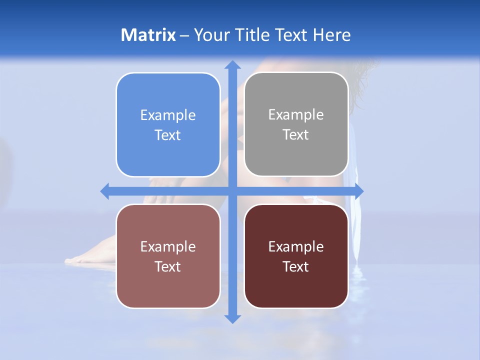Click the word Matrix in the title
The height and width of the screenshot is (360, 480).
coord(148,35)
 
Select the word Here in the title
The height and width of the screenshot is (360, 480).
coord(331,35)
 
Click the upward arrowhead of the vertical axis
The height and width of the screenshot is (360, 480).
coord(232,64)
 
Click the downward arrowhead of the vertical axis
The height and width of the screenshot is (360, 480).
coord(232,318)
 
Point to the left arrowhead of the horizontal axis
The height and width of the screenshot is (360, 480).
coord(105,191)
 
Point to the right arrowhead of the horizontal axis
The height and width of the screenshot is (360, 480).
coord(359,191)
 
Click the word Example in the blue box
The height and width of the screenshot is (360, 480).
coord(168,115)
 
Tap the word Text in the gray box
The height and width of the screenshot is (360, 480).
coord(296,135)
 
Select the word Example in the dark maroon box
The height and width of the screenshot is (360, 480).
coord(296,247)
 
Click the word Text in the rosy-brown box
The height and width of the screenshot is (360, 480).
coord(168,267)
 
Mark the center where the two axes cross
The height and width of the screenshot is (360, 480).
coord(232,191)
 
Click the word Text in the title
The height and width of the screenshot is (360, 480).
coord(292,35)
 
